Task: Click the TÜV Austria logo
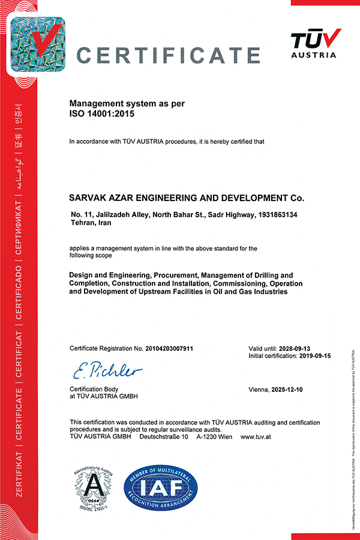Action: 316,45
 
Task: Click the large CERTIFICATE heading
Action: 169,55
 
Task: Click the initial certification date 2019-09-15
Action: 314,356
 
